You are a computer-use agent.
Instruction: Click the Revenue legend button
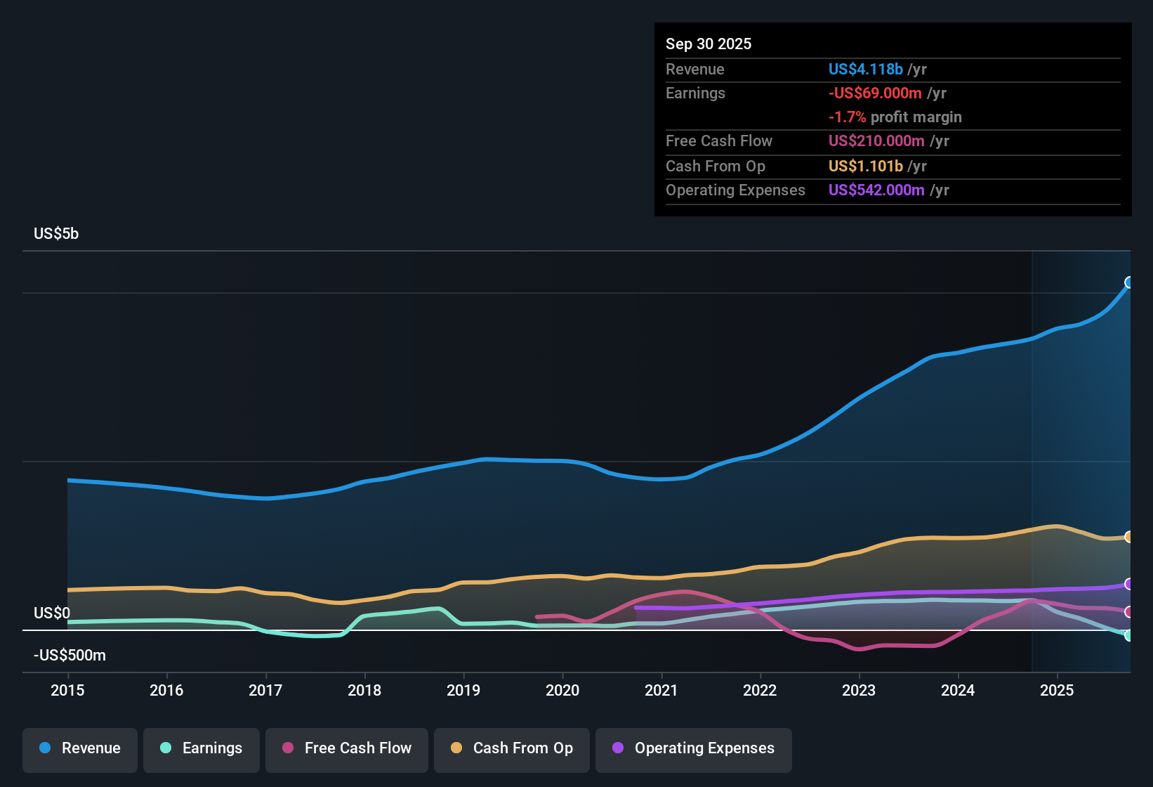pyautogui.click(x=80, y=748)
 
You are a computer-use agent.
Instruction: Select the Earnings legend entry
pyautogui.click(x=202, y=748)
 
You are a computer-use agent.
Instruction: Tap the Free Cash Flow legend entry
pyautogui.click(x=347, y=748)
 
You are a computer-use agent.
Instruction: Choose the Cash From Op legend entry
pyautogui.click(x=512, y=748)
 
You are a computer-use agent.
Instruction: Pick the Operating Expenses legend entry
pyautogui.click(x=694, y=748)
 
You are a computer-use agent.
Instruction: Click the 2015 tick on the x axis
pyautogui.click(x=67, y=690)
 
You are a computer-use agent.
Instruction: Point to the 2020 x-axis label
pyautogui.click(x=562, y=690)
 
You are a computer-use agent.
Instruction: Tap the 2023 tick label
pyautogui.click(x=859, y=690)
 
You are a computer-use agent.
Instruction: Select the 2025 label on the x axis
pyautogui.click(x=1057, y=690)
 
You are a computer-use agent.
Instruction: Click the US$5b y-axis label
pyautogui.click(x=56, y=234)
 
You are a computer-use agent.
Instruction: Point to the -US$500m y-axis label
pyautogui.click(x=70, y=656)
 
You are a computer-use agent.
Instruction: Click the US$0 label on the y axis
pyautogui.click(x=52, y=613)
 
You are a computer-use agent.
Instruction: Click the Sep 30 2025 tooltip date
pyautogui.click(x=709, y=44)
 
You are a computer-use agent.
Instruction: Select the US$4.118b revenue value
pyautogui.click(x=865, y=69)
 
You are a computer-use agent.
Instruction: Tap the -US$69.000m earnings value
pyautogui.click(x=875, y=93)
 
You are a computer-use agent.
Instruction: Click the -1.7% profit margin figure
pyautogui.click(x=847, y=117)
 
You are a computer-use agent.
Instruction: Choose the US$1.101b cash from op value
pyautogui.click(x=865, y=166)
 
